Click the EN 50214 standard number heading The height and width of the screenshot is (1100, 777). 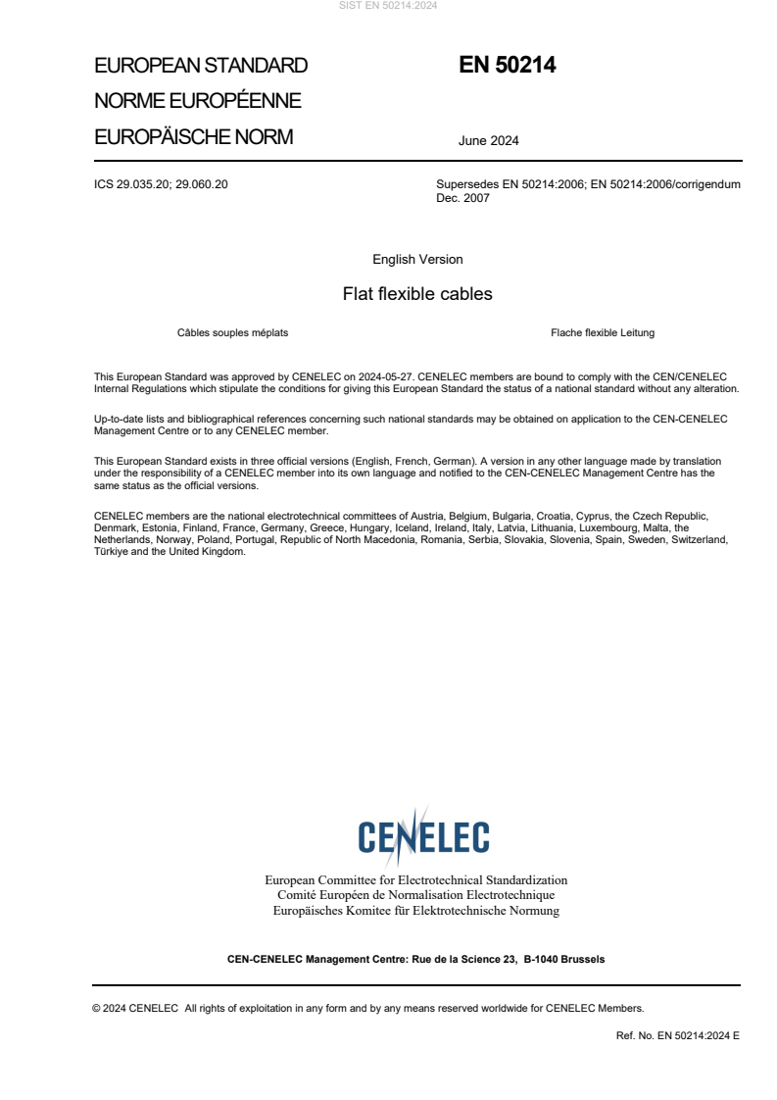pyautogui.click(x=507, y=65)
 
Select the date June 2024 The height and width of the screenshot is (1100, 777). pyautogui.click(x=488, y=140)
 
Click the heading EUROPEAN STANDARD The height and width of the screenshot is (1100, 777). pyautogui.click(x=201, y=66)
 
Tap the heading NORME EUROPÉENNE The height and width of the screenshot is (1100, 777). pyautogui.click(x=197, y=101)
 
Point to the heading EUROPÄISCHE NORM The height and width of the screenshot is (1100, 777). pyautogui.click(x=193, y=137)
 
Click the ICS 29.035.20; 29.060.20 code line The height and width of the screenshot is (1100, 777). pyautogui.click(x=161, y=183)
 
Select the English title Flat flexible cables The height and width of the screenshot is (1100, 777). pyautogui.click(x=417, y=294)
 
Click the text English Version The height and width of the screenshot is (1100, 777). pyautogui.click(x=417, y=260)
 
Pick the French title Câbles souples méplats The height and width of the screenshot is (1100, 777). pyautogui.click(x=232, y=332)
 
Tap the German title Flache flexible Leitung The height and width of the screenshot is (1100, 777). pyautogui.click(x=603, y=332)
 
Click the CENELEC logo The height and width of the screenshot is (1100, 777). pyautogui.click(x=423, y=835)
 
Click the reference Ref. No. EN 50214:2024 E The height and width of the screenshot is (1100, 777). pyautogui.click(x=677, y=1034)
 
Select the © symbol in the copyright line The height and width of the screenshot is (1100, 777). pyautogui.click(x=97, y=1007)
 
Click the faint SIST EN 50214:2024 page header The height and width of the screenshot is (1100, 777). pyautogui.click(x=388, y=6)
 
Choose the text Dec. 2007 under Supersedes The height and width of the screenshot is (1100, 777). pyautogui.click(x=462, y=197)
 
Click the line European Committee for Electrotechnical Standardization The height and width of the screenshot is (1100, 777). pyautogui.click(x=415, y=880)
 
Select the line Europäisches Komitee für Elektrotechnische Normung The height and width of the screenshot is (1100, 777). pyautogui.click(x=415, y=911)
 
